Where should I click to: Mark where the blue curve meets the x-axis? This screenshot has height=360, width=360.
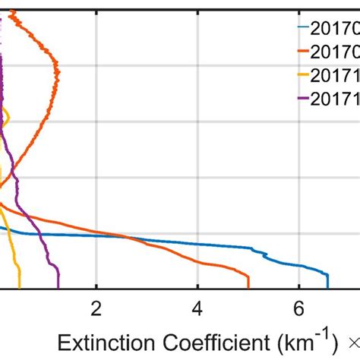point(328,288)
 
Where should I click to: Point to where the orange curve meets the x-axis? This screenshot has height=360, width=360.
point(248,288)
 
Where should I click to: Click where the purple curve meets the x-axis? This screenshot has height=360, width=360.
point(58,288)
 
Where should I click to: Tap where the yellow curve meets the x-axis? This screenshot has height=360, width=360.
point(20,288)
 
